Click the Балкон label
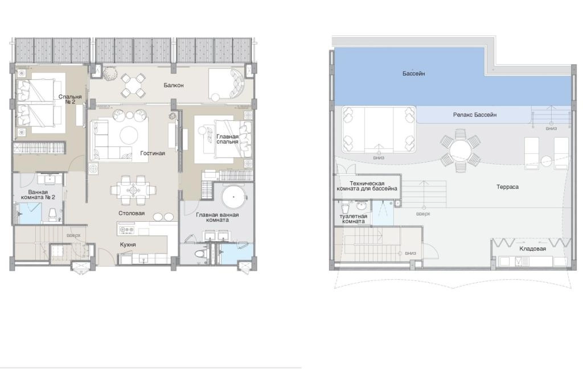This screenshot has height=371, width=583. (x=174, y=85)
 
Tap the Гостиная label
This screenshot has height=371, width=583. (x=153, y=153)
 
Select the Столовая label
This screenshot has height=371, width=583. (x=132, y=213)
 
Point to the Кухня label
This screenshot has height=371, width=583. (x=128, y=244)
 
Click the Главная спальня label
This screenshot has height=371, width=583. (x=227, y=139)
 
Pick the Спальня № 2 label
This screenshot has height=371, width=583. (x=70, y=99)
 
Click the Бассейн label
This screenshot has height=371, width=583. (x=413, y=74)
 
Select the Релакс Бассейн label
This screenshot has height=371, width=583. (x=475, y=115)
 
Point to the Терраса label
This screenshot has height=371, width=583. (x=507, y=187)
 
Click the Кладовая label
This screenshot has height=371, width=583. (x=532, y=248)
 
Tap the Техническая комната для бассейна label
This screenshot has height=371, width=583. (x=367, y=186)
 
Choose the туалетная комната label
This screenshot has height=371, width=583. (x=353, y=218)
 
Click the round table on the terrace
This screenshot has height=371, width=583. (x=460, y=151)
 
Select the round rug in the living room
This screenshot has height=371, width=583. (x=129, y=136)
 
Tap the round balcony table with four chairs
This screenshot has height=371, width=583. (x=132, y=85)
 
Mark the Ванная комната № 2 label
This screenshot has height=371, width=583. (x=38, y=194)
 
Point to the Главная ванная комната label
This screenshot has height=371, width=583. (x=217, y=217)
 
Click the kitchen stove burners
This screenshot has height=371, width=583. (x=126, y=230)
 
